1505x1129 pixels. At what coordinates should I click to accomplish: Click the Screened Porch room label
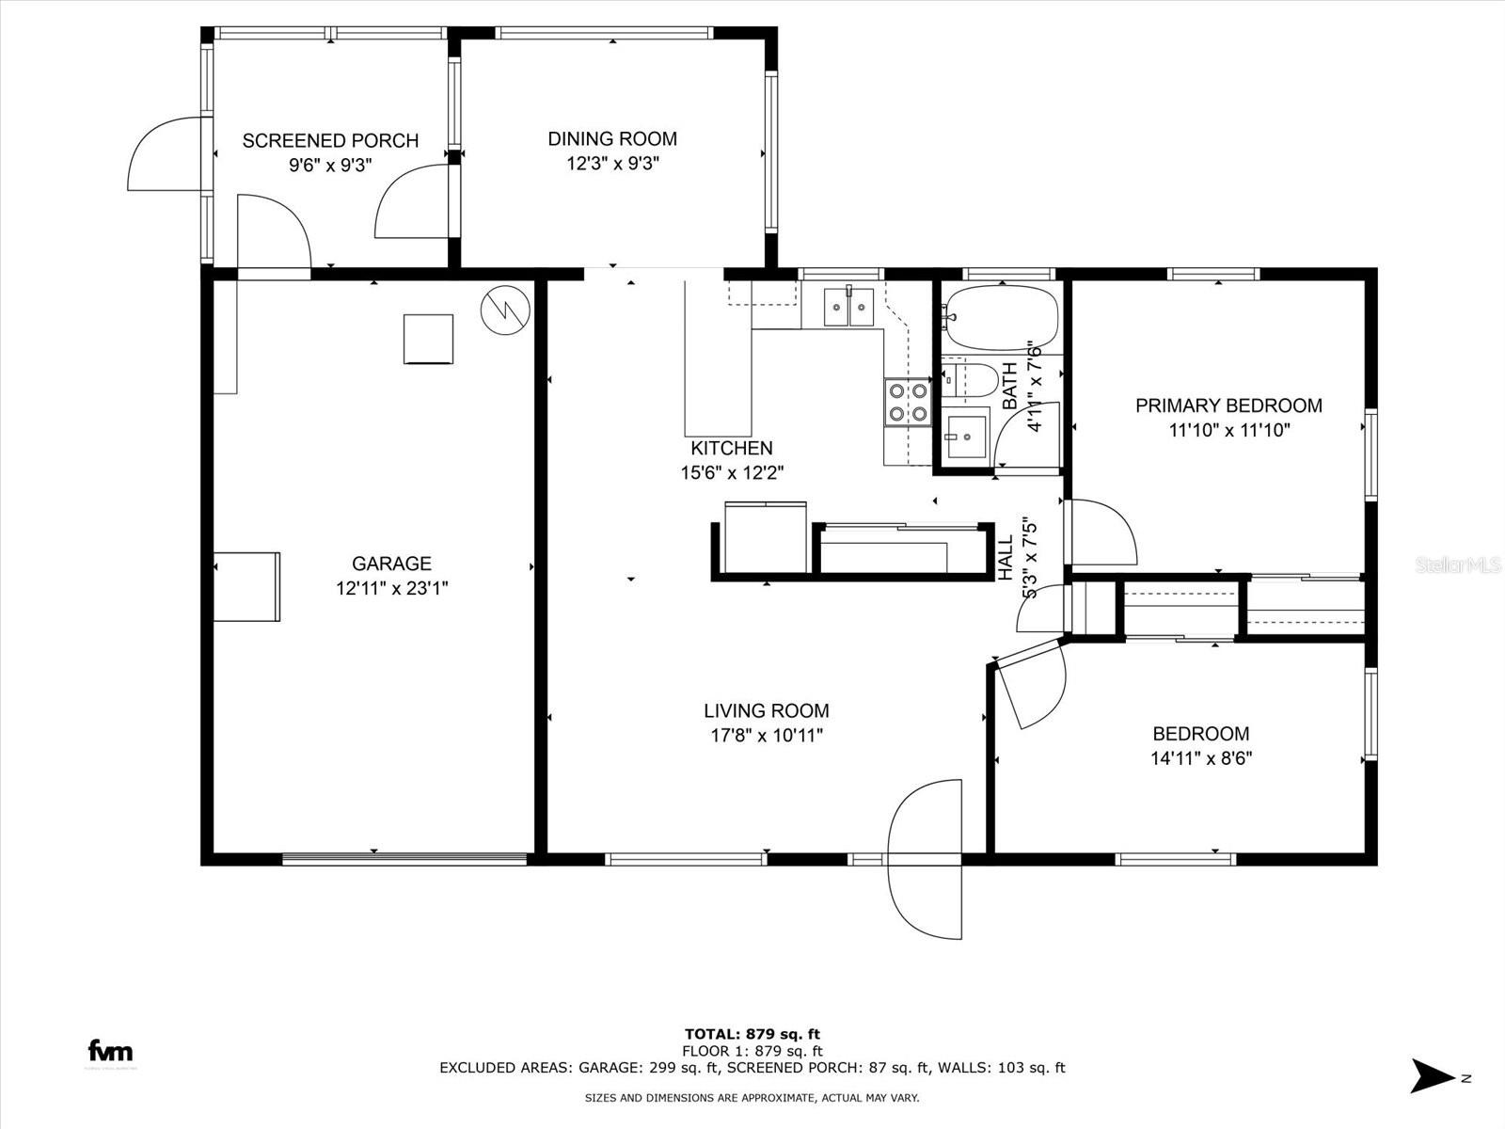330,141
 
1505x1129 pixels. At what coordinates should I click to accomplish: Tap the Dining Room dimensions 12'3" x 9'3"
612,164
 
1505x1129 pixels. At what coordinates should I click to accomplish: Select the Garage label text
391,564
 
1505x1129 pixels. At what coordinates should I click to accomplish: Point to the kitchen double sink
848,307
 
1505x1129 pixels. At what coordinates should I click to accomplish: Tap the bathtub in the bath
1001,317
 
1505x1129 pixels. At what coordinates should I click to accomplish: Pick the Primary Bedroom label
1228,405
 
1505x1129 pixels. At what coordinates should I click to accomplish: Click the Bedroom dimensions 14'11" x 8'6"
1201,758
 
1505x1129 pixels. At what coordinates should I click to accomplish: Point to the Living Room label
767,711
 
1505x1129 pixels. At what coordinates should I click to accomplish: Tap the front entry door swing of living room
927,858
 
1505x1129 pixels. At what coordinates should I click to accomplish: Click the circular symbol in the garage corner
505,310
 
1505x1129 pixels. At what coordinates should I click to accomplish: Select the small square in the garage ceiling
428,339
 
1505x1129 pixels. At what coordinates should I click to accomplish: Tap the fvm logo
110,1051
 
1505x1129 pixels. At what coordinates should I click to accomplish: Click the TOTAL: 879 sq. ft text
752,1034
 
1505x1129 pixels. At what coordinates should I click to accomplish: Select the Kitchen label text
732,449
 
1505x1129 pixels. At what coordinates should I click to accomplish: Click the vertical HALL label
1006,557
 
